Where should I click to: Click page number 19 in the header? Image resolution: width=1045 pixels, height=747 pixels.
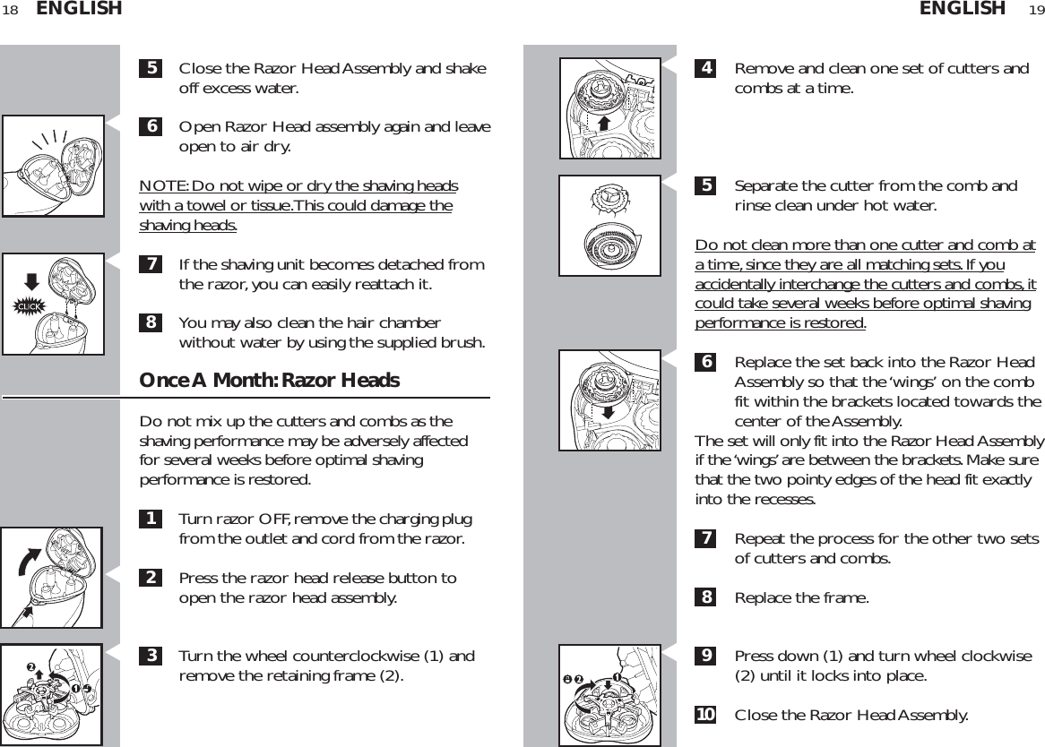tap(1035, 10)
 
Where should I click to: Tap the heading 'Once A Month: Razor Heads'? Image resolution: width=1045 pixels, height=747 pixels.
tap(269, 381)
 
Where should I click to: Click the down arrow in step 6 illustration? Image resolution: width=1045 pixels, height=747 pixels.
tap(610, 411)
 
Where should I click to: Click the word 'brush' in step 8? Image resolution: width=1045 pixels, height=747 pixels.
tap(464, 342)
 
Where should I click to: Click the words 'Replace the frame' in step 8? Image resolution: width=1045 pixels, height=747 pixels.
tap(800, 597)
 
